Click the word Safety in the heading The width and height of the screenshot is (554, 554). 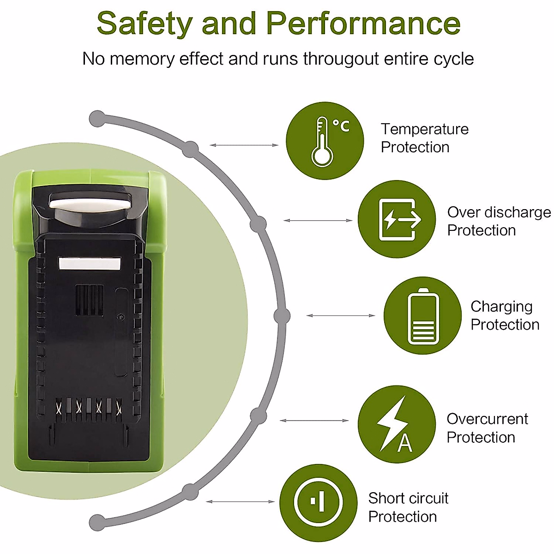point(145,24)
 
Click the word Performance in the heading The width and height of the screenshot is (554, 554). point(363,23)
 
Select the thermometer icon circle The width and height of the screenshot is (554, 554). point(325,141)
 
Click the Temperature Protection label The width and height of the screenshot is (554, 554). point(425,138)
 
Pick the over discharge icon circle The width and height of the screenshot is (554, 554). point(397,219)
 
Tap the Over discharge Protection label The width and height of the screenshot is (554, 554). point(499,222)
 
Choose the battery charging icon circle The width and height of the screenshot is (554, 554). point(422,315)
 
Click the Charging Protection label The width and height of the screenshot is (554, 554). point(505,316)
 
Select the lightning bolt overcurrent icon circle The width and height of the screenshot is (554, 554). point(397,424)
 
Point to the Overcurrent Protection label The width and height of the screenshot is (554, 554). point(488,428)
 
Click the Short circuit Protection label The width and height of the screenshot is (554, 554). point(408,507)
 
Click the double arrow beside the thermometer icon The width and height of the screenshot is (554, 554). point(244,145)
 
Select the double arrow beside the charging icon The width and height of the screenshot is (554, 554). point(341,315)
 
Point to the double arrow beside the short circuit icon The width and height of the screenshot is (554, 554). point(241,502)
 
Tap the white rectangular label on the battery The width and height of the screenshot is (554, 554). point(90,264)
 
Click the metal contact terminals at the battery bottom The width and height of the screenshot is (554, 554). point(88,409)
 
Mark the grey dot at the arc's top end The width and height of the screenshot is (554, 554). point(98,119)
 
